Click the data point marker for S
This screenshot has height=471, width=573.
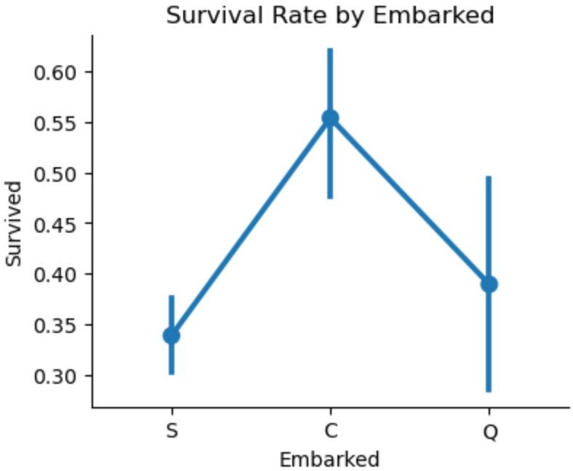tap(171, 335)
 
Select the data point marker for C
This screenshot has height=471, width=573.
tap(330, 118)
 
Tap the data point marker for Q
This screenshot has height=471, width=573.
tap(489, 283)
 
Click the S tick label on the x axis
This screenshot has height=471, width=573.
tap(171, 432)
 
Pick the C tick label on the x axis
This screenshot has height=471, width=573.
tap(330, 432)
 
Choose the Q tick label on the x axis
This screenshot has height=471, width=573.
tap(489, 432)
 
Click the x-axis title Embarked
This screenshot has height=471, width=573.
tap(330, 459)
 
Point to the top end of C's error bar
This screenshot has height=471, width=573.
tap(330, 49)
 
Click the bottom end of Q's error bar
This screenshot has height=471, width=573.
tap(489, 391)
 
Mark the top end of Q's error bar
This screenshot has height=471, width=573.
tap(489, 177)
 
